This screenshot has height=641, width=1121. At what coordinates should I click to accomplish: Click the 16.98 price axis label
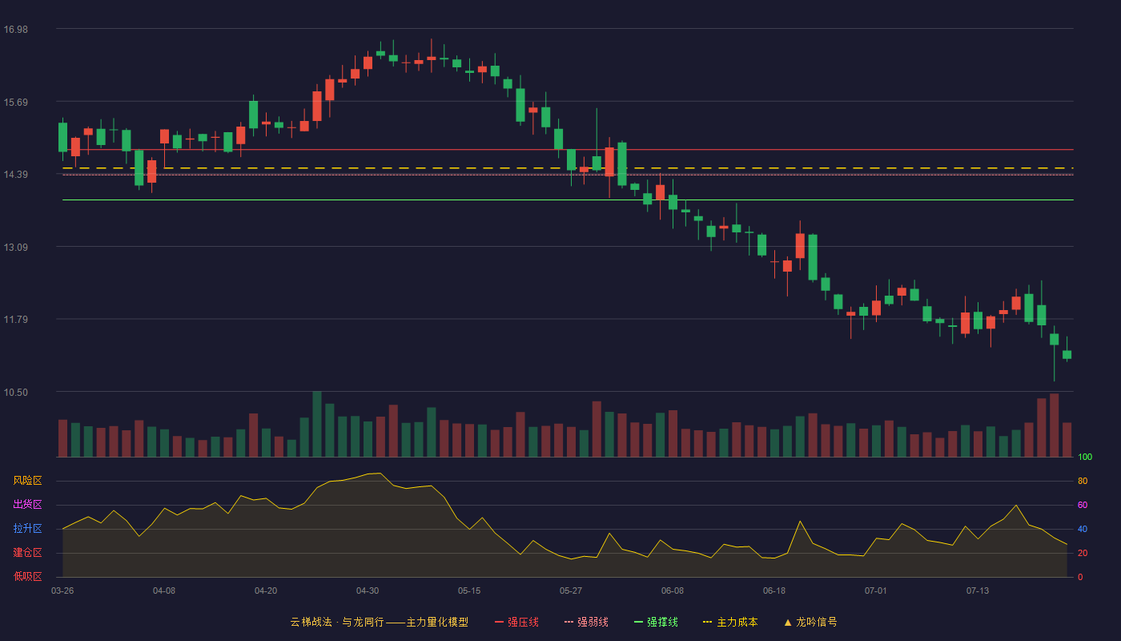pos(15,30)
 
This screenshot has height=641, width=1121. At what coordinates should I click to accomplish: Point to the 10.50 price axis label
pos(15,392)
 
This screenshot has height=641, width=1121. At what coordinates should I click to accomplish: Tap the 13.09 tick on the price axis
pos(15,247)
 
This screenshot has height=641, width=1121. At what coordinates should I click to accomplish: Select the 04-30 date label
pos(368,591)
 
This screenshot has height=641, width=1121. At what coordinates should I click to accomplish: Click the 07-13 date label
pos(978,591)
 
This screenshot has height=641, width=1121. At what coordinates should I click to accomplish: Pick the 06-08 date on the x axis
pos(672,591)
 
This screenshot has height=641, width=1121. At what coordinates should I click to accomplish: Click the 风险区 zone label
pos(27,481)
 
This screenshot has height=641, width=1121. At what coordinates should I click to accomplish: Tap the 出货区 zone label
pos(27,504)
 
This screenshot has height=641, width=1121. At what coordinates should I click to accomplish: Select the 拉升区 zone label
pos(27,528)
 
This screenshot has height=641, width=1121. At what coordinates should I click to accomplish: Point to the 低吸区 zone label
pos(27,576)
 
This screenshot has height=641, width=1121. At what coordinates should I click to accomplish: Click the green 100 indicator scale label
pos(1085,457)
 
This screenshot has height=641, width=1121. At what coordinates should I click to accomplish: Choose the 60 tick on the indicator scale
pos(1083,505)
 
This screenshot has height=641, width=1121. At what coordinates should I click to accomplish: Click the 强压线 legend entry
pos(516,622)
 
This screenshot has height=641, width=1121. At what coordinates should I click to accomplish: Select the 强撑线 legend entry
pos(656,622)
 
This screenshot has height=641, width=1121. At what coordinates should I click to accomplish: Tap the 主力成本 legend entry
pos(730,622)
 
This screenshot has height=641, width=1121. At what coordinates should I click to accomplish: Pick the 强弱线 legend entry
pos(586,622)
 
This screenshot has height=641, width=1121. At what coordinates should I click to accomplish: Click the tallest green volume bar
pos(317,424)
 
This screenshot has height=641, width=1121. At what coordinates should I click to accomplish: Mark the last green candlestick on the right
pos(1067,354)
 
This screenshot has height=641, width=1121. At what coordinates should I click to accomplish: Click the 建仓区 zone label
pos(27,552)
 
